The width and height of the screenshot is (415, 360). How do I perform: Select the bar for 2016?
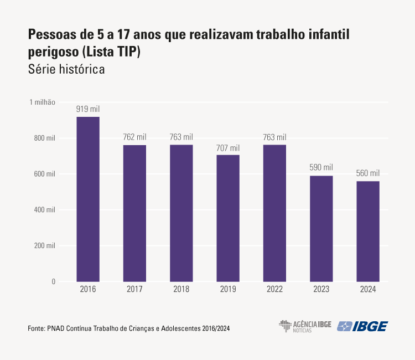88,199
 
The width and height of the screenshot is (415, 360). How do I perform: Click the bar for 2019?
228,218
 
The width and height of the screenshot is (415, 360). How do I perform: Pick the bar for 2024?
368,232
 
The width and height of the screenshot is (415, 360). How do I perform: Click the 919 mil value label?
88,109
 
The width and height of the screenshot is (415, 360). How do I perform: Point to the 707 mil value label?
228,148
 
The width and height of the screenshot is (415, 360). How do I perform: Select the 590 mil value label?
321,168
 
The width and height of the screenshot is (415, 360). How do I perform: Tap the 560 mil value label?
368,173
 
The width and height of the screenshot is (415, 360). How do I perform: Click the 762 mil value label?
134,137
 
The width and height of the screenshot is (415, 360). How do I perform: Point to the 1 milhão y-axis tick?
43,102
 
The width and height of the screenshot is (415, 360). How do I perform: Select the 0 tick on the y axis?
54,281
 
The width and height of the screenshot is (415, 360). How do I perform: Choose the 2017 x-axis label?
134,290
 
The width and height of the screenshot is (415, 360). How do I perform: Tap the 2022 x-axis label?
274,290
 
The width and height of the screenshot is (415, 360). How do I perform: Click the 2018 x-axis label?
181,290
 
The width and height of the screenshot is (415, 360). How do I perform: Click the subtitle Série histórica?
66,70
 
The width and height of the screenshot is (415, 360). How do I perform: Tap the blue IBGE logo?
363,326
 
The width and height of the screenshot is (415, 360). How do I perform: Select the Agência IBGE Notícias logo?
305,326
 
